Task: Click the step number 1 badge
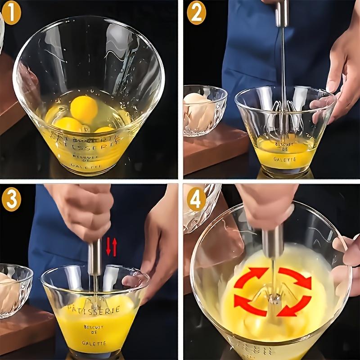coord(11,14)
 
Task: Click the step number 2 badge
coord(196,13)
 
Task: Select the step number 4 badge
coord(196,199)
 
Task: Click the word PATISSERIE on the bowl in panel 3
coord(93,309)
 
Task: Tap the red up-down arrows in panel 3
coord(111,247)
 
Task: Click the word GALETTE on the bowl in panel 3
coord(94,343)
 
